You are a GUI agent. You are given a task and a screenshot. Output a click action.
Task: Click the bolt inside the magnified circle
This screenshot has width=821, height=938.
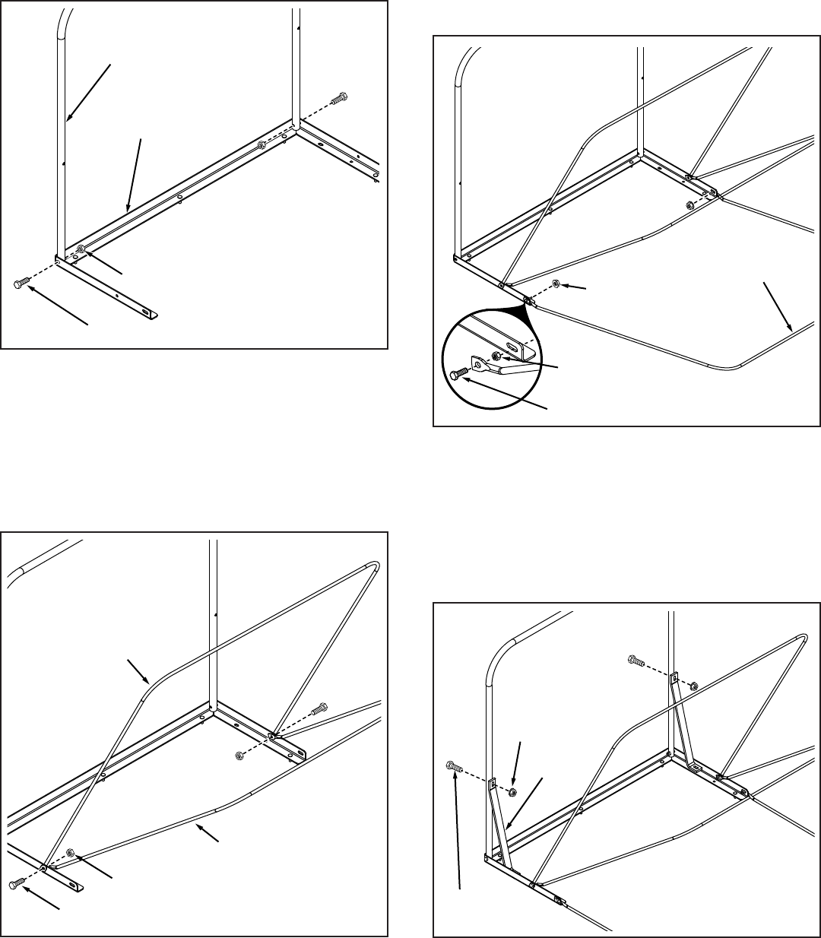(x=457, y=373)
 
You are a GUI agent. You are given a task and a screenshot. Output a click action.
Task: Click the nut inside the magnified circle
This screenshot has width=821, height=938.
(x=496, y=357)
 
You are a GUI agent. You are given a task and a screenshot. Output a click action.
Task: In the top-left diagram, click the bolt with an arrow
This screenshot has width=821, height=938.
(x=20, y=284)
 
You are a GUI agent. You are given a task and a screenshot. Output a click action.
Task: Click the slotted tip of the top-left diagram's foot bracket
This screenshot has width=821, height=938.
(x=149, y=312)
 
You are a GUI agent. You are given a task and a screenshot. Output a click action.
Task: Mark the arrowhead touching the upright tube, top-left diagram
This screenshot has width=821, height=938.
(x=68, y=119)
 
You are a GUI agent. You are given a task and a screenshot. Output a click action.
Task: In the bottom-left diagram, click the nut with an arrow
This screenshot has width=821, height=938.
(x=71, y=852)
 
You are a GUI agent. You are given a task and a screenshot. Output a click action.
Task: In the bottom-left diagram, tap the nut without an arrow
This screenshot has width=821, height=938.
(x=239, y=754)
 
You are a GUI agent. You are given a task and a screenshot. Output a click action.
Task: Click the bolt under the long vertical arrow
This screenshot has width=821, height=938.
(x=451, y=767)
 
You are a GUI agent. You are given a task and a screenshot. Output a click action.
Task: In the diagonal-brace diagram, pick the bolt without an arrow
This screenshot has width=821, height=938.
(x=636, y=661)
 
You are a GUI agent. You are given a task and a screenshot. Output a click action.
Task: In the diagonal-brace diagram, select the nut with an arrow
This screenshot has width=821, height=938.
(x=512, y=791)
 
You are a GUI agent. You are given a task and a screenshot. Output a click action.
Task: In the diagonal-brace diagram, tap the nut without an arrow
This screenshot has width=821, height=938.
(x=693, y=686)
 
